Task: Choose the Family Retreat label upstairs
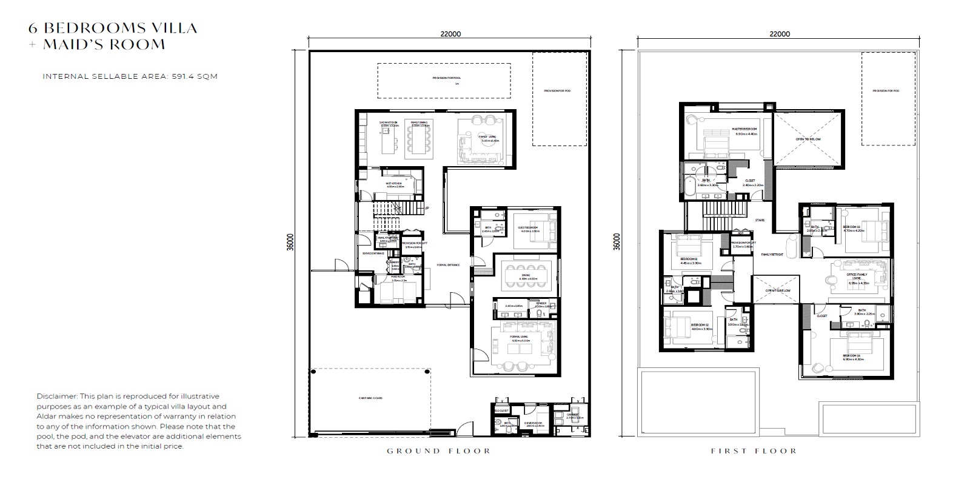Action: point(773,255)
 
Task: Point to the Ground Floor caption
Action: point(439,451)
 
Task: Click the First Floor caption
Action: point(754,451)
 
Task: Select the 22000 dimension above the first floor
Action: point(779,34)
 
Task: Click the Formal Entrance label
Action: point(448,265)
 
